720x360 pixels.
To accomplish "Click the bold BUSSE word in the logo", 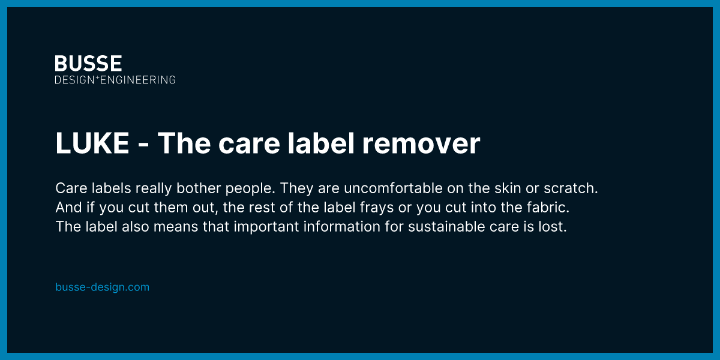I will pos(88,64).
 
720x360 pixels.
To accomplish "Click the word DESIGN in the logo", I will pos(74,80).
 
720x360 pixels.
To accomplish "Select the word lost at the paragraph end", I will pos(554,228).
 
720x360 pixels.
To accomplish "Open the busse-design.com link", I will pos(102,287).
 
